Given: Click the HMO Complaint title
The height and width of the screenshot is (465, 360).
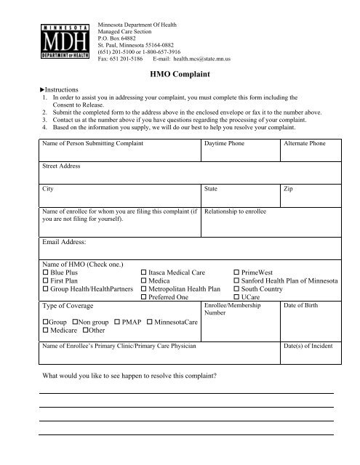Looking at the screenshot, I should pyautogui.click(x=179, y=73).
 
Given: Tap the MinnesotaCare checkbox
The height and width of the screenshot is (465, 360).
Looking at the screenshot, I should pyautogui.click(x=150, y=321).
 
